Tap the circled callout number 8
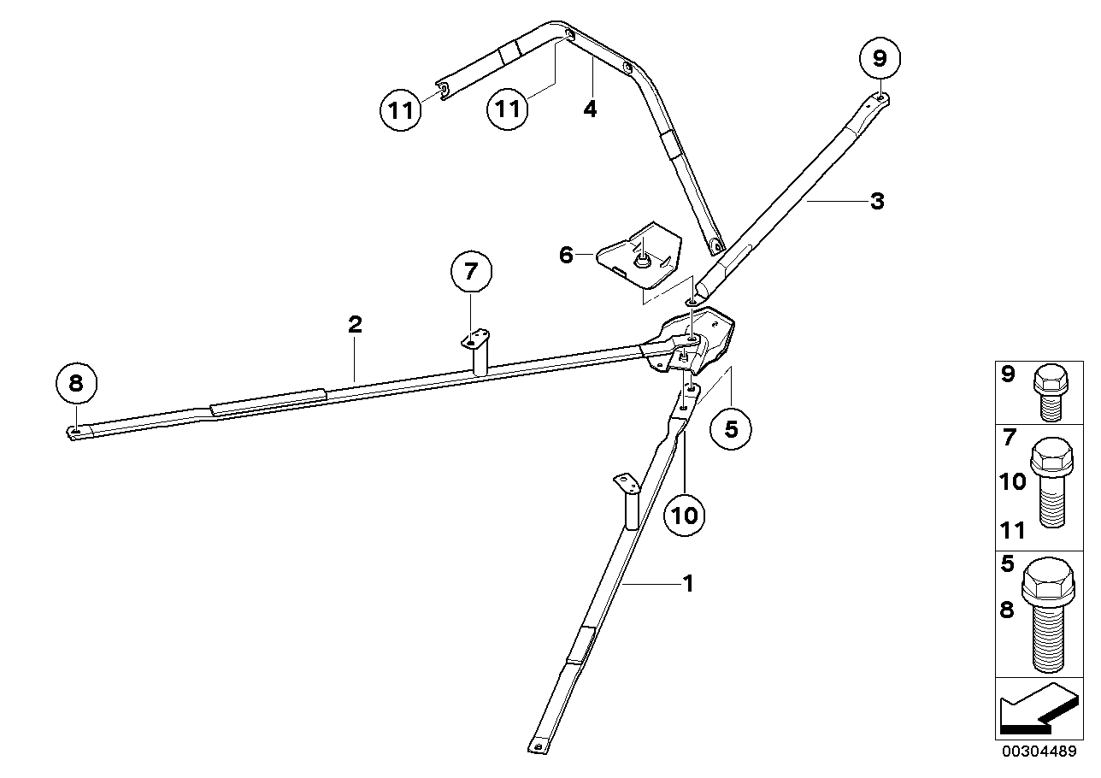(76, 383)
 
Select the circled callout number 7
(471, 273)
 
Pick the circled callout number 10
(686, 515)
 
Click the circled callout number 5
(731, 427)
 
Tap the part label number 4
(590, 109)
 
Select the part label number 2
(355, 324)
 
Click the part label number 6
(566, 255)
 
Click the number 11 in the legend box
(1011, 531)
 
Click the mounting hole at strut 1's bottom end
(538, 746)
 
